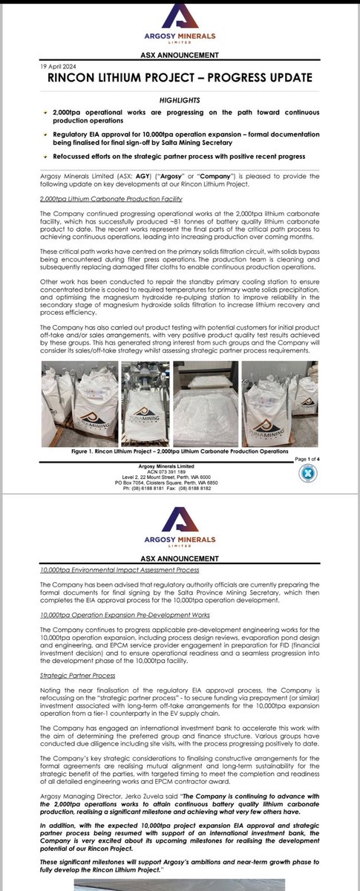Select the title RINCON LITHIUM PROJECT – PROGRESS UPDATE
[180, 78]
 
